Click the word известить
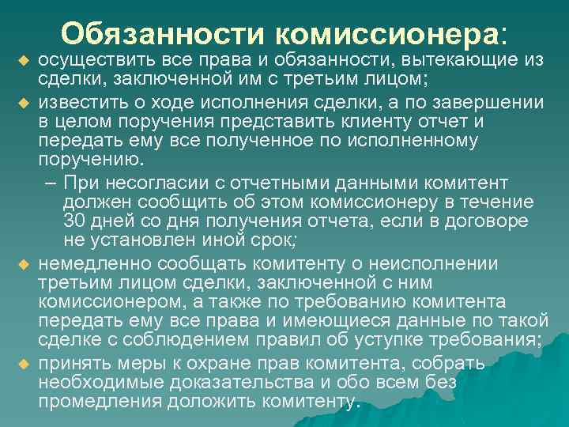pyautogui.click(x=77, y=102)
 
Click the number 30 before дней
pyautogui.click(x=73, y=220)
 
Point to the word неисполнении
pyautogui.click(x=441, y=263)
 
